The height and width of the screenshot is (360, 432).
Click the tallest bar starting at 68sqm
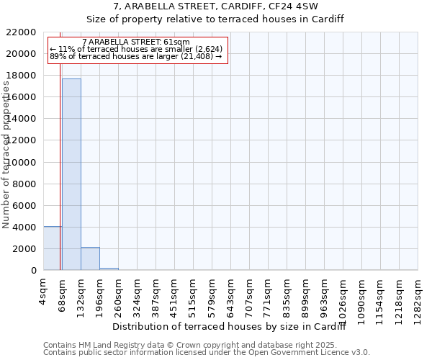tap(71, 174)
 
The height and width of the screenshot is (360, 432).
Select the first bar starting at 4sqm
tap(53, 248)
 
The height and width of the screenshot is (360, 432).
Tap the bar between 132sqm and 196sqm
tap(90, 258)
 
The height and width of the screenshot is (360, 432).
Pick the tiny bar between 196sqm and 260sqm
tap(109, 269)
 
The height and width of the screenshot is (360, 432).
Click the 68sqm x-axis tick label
tap(63, 294)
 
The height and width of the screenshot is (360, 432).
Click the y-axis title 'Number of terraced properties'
tap(6, 155)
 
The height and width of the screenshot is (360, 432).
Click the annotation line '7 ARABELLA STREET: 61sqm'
tap(136, 42)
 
